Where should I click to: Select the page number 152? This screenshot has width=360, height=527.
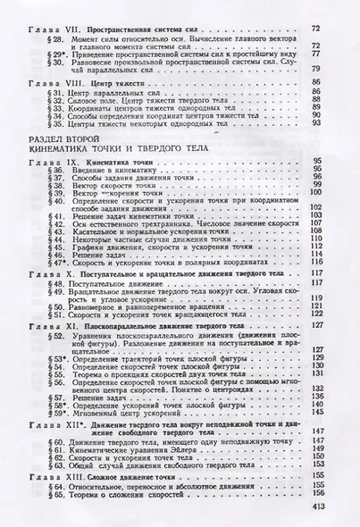[x=340, y=456]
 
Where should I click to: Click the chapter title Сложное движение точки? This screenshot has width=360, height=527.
[x=125, y=479]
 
